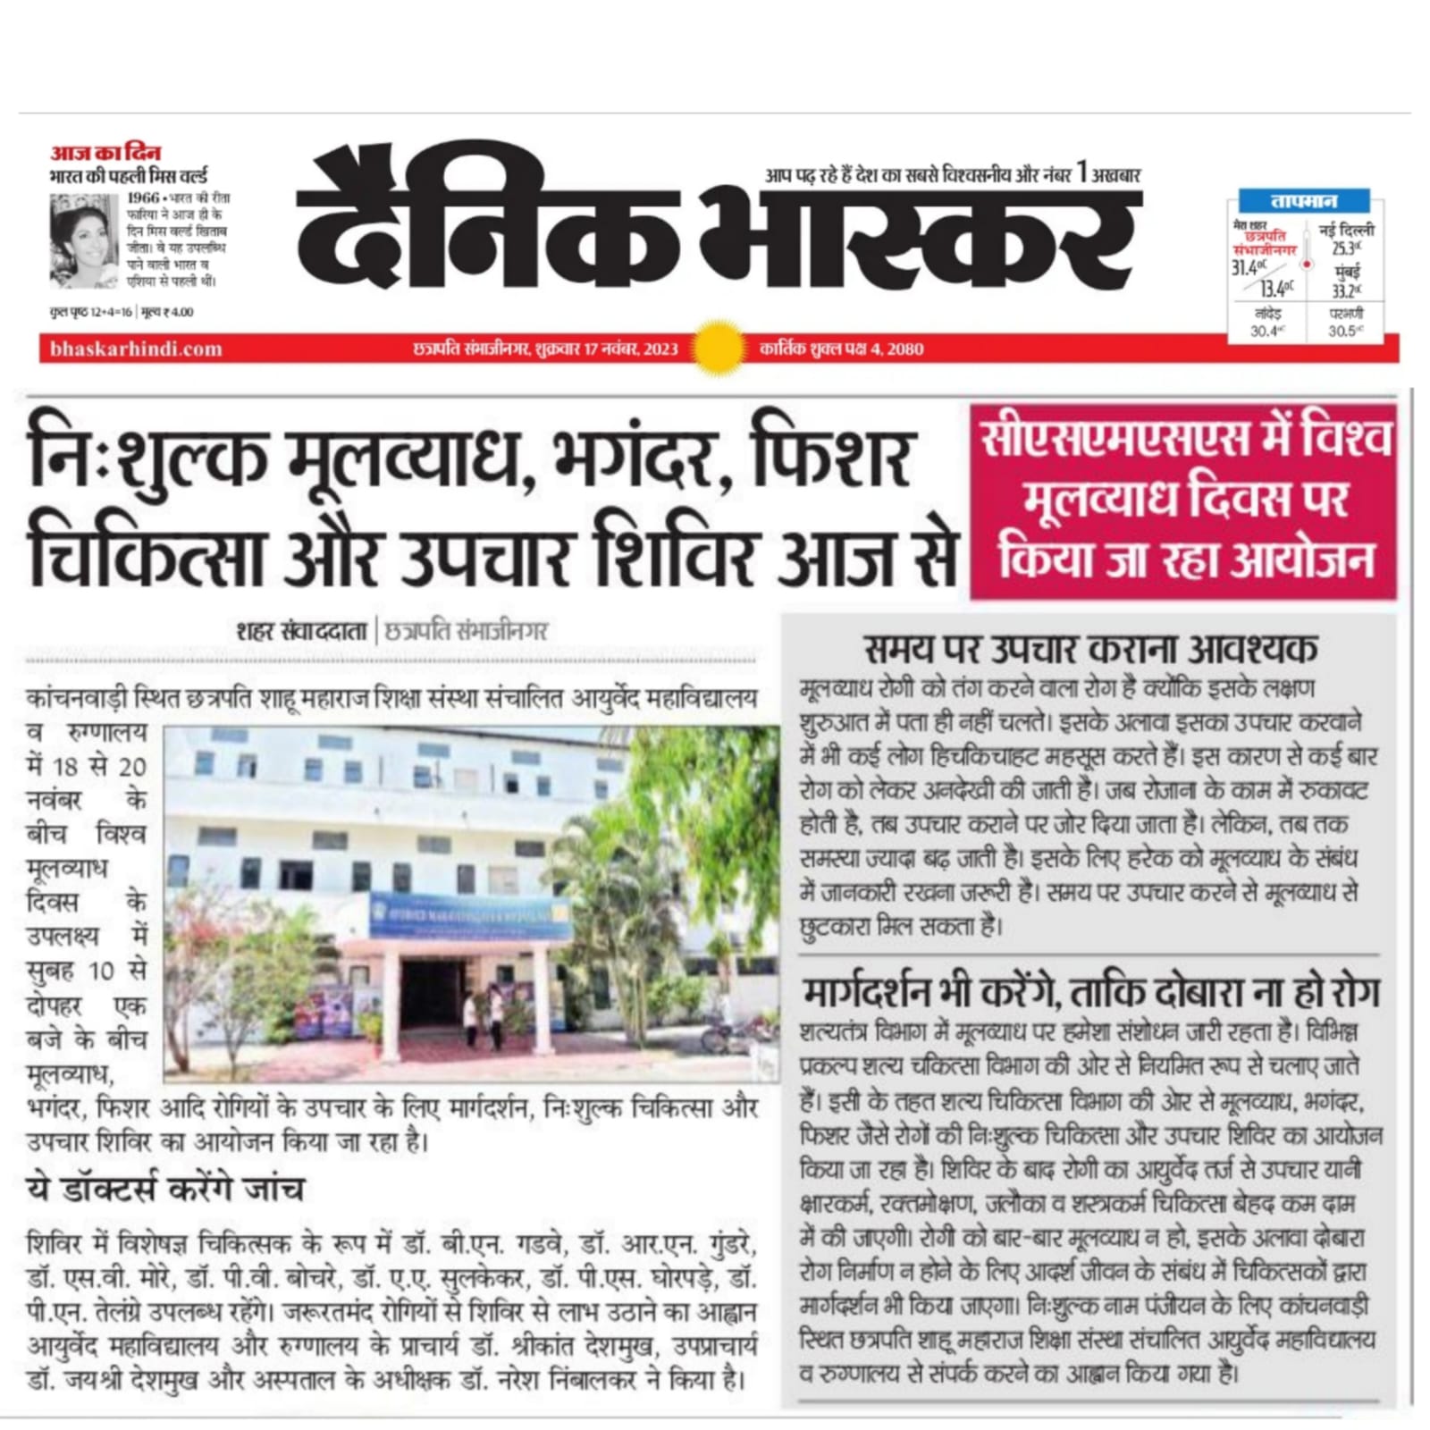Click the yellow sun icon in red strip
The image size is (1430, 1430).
pyautogui.click(x=719, y=348)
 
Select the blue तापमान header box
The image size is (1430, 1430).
pyautogui.click(x=1304, y=201)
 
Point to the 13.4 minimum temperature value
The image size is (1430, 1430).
pyautogui.click(x=1275, y=288)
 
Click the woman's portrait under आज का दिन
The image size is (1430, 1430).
pyautogui.click(x=83, y=241)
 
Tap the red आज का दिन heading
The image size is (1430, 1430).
pyautogui.click(x=105, y=153)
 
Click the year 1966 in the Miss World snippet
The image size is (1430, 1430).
pyautogui.click(x=143, y=198)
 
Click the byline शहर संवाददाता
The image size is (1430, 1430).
pyautogui.click(x=301, y=631)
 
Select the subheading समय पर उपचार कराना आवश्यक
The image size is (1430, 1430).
pyautogui.click(x=1090, y=649)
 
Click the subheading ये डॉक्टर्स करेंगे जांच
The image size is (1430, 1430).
pyautogui.click(x=165, y=1189)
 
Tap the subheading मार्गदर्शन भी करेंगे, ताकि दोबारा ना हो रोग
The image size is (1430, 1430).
pyautogui.click(x=1090, y=992)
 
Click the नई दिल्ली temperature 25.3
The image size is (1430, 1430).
pyautogui.click(x=1346, y=248)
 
